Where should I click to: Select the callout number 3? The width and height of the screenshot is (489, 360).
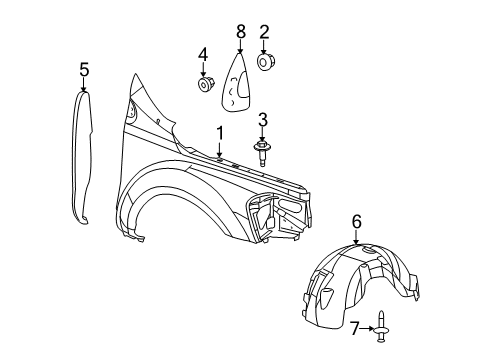[263, 120]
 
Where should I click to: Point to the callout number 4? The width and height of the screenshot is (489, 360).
[203, 54]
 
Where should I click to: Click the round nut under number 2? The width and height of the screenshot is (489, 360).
[265, 63]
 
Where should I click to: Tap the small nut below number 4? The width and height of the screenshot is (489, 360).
[204, 84]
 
